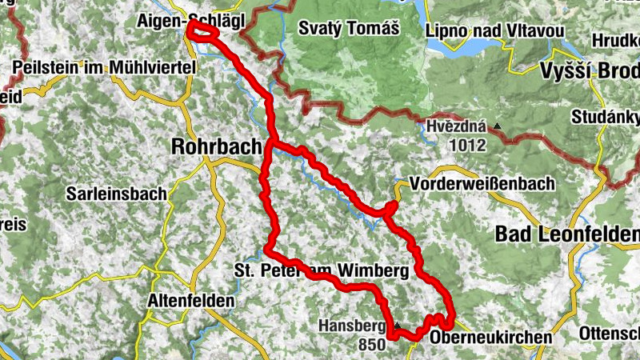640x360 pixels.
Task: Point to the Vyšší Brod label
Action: pyautogui.click(x=591, y=70)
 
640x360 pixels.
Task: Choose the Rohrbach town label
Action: pyautogui.click(x=216, y=146)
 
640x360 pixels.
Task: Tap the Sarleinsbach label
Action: pyautogui.click(x=116, y=193)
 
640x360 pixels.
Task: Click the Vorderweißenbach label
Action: pyautogui.click(x=481, y=184)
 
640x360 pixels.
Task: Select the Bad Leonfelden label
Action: pyautogui.click(x=567, y=234)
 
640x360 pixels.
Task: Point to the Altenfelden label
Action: pyautogui.click(x=191, y=301)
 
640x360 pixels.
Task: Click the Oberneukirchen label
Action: pyautogui.click(x=490, y=338)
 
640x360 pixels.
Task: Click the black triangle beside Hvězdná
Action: pyautogui.click(x=498, y=126)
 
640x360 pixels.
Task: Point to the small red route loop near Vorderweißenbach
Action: pyautogui.click(x=390, y=209)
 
